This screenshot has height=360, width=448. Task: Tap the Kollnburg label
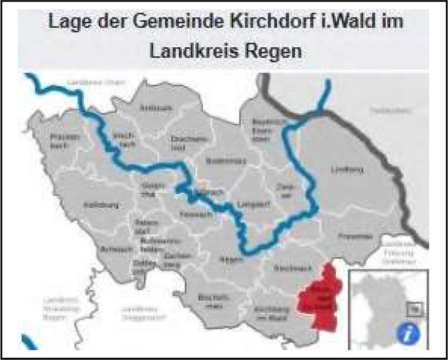(97, 205)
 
